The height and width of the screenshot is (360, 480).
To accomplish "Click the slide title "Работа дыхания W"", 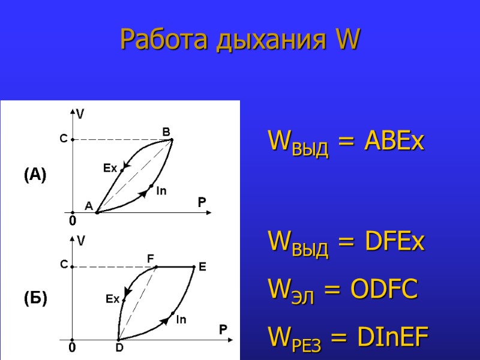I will [240, 40].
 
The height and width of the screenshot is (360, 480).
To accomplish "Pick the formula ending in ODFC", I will [343, 290].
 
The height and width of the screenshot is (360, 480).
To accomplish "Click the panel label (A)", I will [35, 175].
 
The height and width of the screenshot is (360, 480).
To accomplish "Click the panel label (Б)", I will [35, 298].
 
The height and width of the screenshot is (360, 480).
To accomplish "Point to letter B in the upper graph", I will [167, 131].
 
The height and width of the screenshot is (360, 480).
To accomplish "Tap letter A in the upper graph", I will [88, 206].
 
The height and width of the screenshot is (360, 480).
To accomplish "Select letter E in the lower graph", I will [202, 268].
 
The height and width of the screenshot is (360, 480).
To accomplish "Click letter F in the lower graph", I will [151, 257].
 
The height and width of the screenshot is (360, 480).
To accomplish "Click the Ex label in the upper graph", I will [110, 169].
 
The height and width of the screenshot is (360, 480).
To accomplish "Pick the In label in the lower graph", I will [181, 320].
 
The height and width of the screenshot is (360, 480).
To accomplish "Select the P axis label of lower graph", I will [223, 330].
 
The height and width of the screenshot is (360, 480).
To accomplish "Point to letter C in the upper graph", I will [63, 139].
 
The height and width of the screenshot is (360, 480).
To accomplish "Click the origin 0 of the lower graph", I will [71, 347].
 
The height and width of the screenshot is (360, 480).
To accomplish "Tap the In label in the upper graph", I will [161, 191].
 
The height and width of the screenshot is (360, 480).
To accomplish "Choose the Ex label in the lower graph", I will [113, 298].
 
